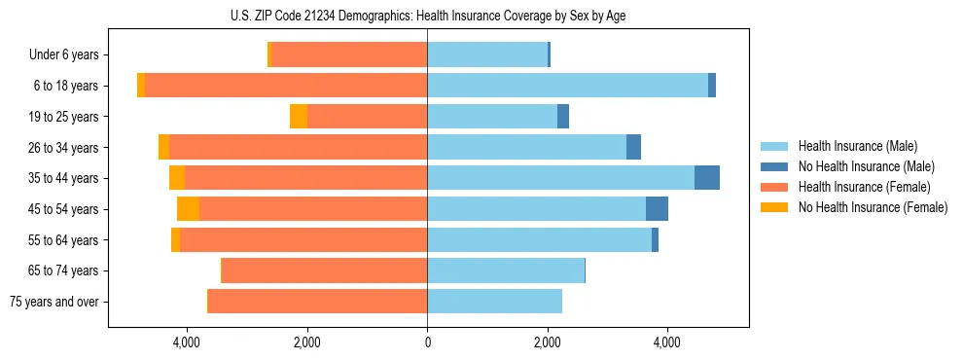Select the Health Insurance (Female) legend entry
(x=863, y=187)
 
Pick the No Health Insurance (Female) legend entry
(x=872, y=207)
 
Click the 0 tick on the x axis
(x=427, y=342)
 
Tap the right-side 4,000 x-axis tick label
(x=667, y=342)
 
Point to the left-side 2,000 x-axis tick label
(x=306, y=342)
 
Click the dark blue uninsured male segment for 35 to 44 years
(x=707, y=178)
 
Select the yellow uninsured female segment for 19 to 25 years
(x=299, y=116)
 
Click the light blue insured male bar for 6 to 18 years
(x=567, y=86)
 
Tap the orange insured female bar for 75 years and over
(x=317, y=302)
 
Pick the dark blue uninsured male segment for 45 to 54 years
(x=657, y=209)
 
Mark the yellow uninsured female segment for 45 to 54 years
(x=188, y=209)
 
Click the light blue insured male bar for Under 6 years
(x=487, y=54)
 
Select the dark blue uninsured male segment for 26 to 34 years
(x=633, y=147)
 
